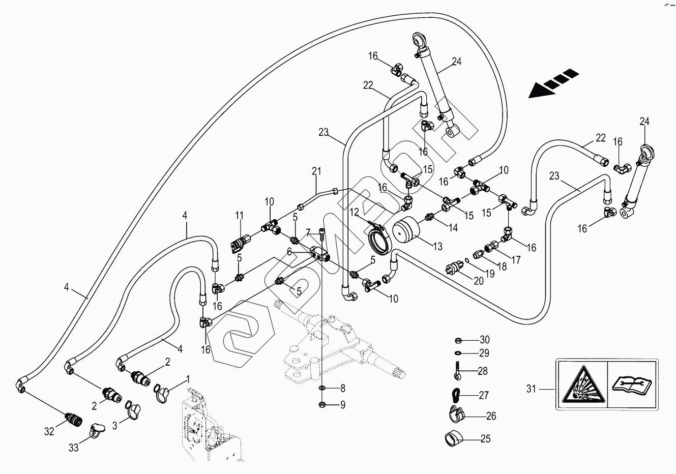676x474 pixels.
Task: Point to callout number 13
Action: [437, 247]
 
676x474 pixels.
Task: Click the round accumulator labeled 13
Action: [407, 231]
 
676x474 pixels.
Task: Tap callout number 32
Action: [49, 432]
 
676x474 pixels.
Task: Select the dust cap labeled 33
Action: [97, 430]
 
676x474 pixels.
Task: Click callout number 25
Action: [485, 438]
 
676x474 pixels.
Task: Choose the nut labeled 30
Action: [457, 340]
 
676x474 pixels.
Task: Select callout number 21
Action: [317, 171]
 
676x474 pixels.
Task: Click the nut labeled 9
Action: [322, 405]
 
